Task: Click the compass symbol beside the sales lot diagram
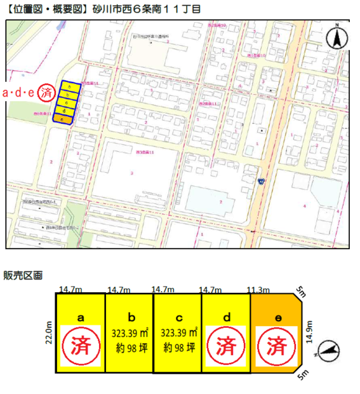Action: click(x=330, y=349)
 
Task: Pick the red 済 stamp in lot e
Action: click(x=276, y=344)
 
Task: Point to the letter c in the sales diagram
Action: click(x=178, y=316)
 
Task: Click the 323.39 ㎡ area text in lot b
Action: click(x=130, y=332)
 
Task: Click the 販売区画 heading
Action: click(x=23, y=275)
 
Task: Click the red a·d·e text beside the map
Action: click(x=18, y=93)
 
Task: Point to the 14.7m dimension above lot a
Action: click(x=70, y=290)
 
